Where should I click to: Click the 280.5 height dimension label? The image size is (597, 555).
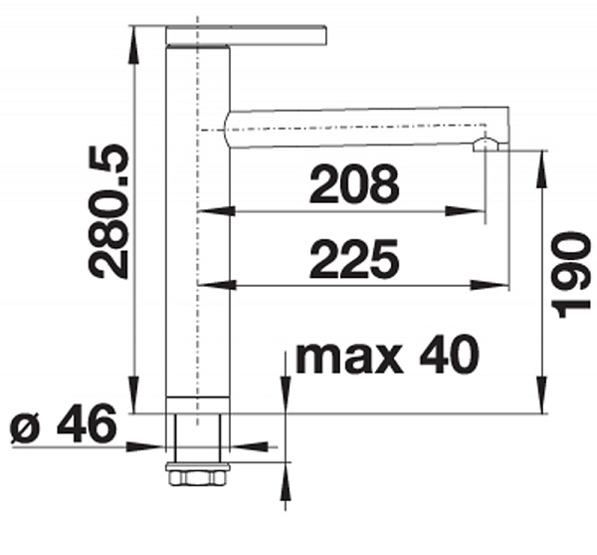point(108,211)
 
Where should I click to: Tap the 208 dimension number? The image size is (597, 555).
point(354,184)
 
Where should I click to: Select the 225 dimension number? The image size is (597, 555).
point(354,259)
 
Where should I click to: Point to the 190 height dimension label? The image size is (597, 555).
point(571,274)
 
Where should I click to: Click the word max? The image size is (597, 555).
point(349,359)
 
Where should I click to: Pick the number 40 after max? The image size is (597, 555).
point(450,356)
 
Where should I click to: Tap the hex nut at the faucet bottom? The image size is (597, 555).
point(197,478)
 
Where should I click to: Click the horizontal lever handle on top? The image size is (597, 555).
point(247,35)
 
